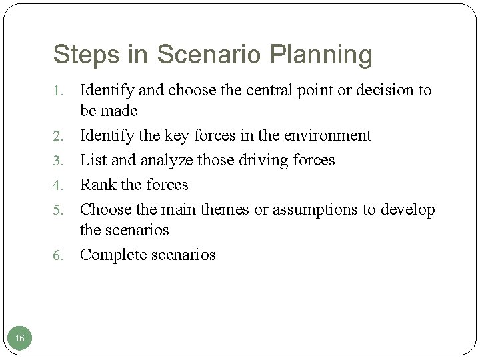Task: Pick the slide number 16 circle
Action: (20, 339)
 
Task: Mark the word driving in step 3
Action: (261, 160)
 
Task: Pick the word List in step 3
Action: (93, 160)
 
